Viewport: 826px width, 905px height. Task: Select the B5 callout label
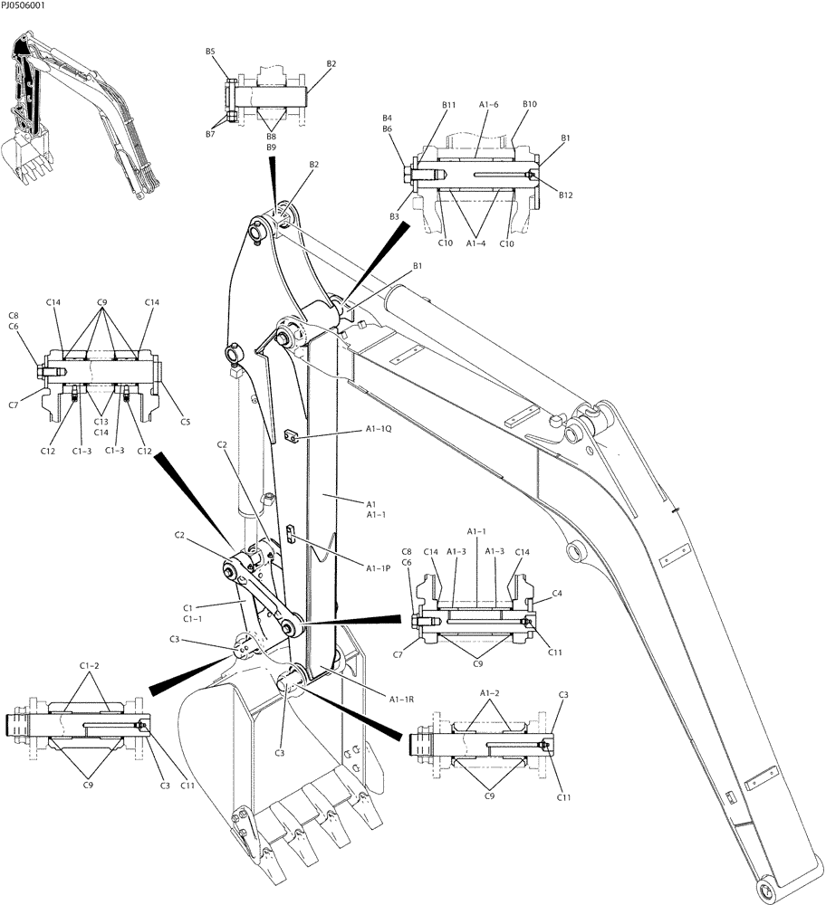[210, 52]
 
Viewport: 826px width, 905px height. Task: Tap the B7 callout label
[209, 134]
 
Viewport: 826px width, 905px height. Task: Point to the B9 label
[271, 147]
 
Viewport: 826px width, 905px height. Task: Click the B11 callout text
[449, 106]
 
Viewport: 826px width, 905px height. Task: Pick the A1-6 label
[488, 105]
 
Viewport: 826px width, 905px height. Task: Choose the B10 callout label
[530, 104]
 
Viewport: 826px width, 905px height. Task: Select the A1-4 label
[478, 243]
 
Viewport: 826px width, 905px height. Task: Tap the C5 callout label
[185, 421]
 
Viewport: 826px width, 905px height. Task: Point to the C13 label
[102, 421]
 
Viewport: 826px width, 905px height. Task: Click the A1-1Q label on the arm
[379, 429]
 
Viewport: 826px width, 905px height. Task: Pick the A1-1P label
[379, 568]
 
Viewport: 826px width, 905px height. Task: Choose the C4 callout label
[557, 594]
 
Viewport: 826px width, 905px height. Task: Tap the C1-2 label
[89, 667]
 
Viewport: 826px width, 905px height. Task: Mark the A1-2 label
[489, 692]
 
